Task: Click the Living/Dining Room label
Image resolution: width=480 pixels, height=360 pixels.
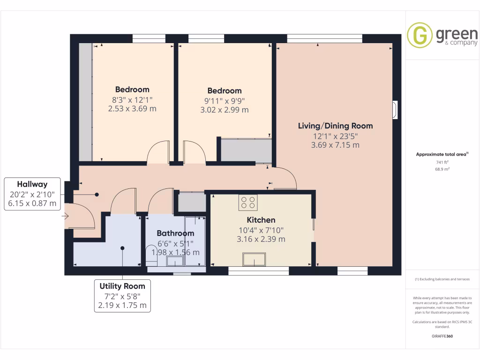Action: pyautogui.click(x=336, y=126)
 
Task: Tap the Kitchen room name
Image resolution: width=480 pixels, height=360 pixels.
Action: pyautogui.click(x=261, y=220)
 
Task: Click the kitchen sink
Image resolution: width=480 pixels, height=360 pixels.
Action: pyautogui.click(x=254, y=259)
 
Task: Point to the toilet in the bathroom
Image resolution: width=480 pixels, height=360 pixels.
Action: pyautogui.click(x=151, y=255)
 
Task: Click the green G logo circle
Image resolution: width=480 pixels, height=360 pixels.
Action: pyautogui.click(x=420, y=35)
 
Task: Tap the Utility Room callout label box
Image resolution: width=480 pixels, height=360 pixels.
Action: pyautogui.click(x=122, y=296)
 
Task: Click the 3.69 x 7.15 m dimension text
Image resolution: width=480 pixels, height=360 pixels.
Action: pyautogui.click(x=336, y=145)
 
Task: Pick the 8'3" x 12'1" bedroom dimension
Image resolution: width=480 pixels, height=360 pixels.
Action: pyautogui.click(x=132, y=99)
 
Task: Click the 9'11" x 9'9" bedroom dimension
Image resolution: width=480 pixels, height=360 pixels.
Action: pyautogui.click(x=225, y=100)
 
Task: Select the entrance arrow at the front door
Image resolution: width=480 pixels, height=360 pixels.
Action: pyautogui.click(x=65, y=216)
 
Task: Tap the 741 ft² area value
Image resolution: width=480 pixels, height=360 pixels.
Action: pyautogui.click(x=442, y=162)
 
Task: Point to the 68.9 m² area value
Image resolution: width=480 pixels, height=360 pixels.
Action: pyautogui.click(x=442, y=169)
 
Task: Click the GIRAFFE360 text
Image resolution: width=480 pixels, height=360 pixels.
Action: pyautogui.click(x=442, y=336)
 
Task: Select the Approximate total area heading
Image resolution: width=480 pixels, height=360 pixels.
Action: pyautogui.click(x=442, y=154)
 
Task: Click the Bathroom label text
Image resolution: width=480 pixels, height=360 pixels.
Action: pyautogui.click(x=175, y=233)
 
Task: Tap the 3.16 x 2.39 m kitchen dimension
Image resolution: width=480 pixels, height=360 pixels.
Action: pyautogui.click(x=261, y=239)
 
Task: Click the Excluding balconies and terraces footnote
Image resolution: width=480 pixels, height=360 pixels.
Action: pyautogui.click(x=442, y=279)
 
